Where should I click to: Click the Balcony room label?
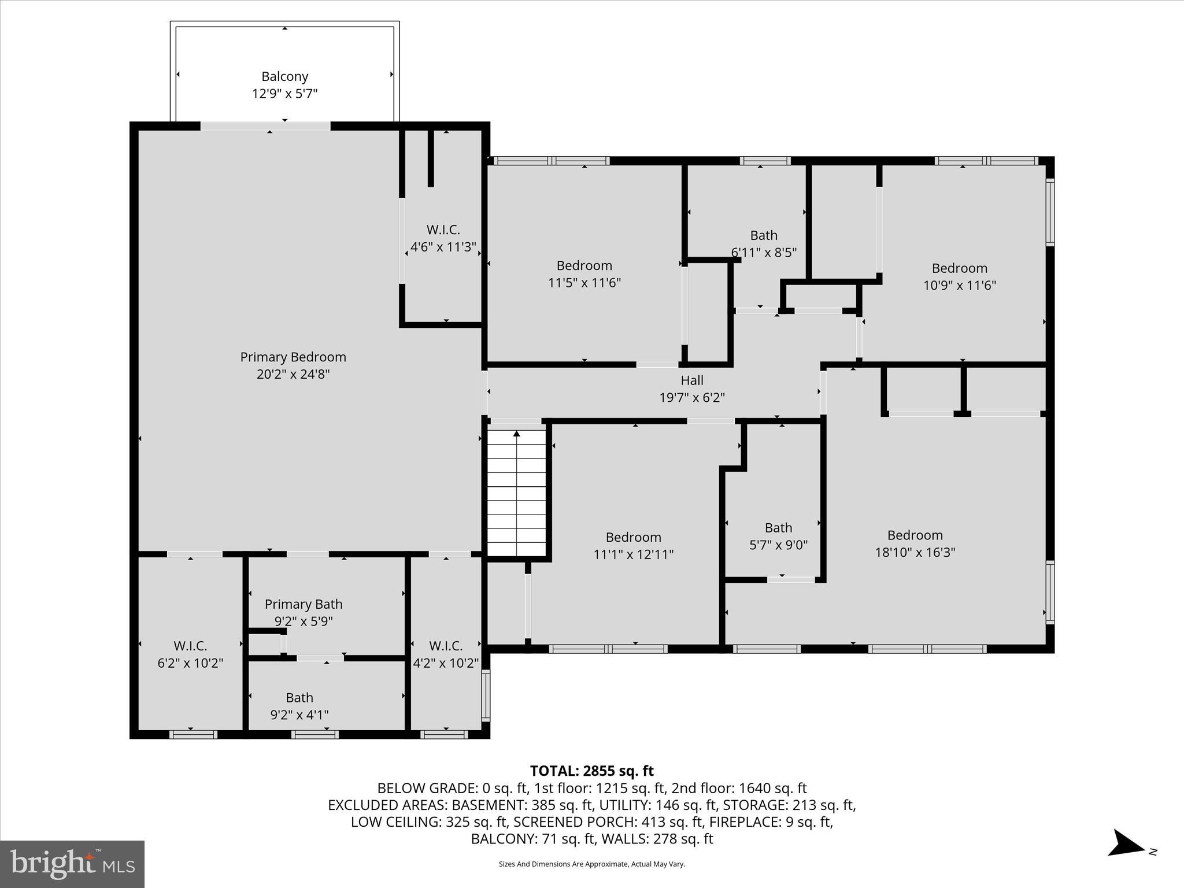[284, 76]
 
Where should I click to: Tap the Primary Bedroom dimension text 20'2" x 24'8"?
[293, 374]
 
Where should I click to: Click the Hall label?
[692, 380]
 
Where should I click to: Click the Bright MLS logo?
[72, 864]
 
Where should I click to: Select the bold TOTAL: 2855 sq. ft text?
[591, 771]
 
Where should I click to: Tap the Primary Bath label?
[304, 604]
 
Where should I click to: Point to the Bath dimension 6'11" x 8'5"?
[764, 253]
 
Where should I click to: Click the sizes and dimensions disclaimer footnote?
[591, 864]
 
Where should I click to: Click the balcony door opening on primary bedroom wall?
[265, 125]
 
